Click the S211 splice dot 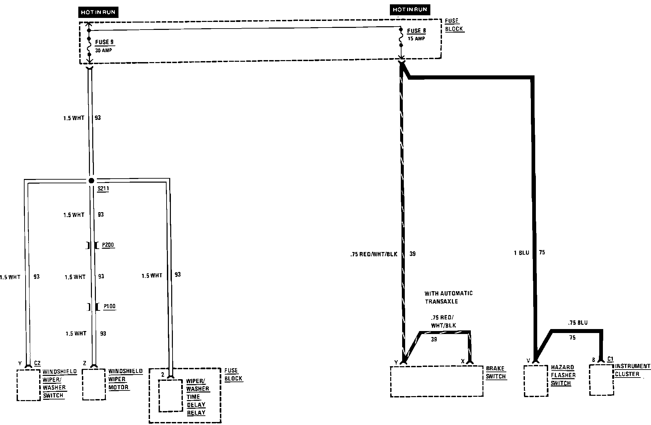(91, 181)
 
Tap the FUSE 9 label (104, 42)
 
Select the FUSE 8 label (416, 31)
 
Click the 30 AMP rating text (104, 50)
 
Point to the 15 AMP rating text (416, 39)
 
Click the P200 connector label (108, 245)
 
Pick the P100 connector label (109, 306)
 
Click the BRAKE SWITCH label (496, 373)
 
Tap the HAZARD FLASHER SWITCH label (563, 375)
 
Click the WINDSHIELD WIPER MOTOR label (125, 379)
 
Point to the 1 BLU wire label (521, 253)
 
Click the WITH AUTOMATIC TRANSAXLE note (449, 297)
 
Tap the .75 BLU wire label (578, 323)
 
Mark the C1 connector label (610, 359)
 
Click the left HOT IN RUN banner (98, 12)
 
